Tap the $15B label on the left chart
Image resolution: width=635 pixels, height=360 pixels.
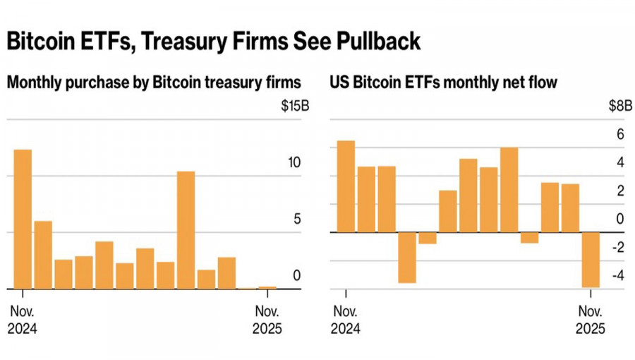(295, 107)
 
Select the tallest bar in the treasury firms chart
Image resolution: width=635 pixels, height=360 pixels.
(23, 219)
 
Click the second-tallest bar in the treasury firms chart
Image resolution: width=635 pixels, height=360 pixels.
(186, 230)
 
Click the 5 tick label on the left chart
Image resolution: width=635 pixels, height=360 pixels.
(297, 219)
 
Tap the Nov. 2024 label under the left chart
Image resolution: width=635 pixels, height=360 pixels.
(23, 320)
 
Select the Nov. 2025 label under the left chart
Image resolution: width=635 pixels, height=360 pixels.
(267, 320)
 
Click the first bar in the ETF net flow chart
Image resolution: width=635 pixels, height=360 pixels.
(346, 186)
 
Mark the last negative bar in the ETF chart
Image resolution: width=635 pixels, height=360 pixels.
(590, 259)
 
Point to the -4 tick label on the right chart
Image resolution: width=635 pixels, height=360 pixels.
(617, 275)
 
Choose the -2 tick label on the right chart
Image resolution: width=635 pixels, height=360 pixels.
(617, 247)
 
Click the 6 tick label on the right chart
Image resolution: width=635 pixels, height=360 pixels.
(620, 135)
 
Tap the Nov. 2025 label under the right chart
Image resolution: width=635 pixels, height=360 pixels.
(590, 320)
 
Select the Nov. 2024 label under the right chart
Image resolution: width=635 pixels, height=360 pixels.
(346, 320)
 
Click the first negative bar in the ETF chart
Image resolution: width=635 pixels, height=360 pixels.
(407, 257)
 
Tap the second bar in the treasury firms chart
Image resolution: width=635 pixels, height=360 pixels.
(43, 255)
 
